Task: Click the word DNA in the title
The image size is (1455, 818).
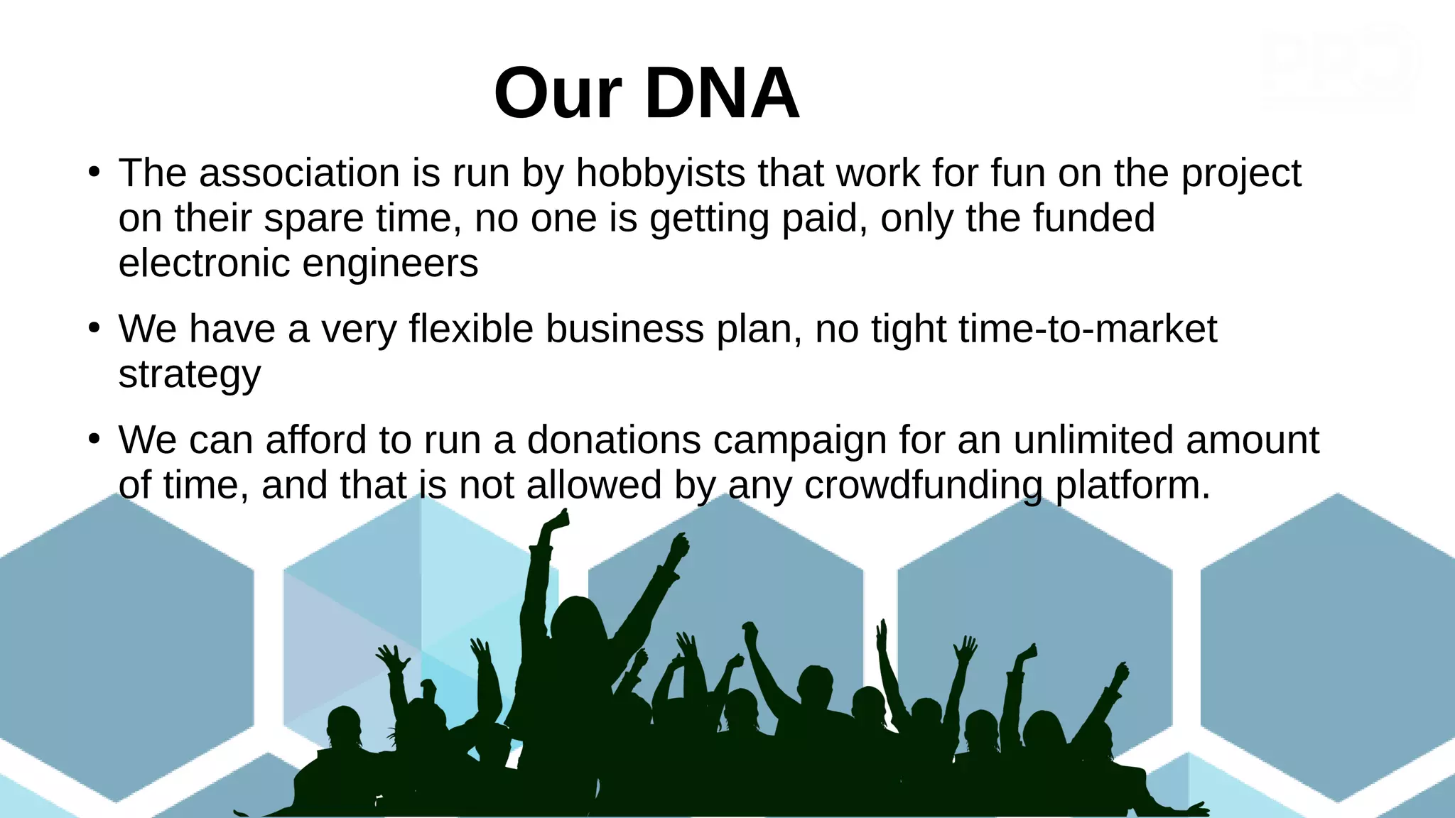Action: pos(722,94)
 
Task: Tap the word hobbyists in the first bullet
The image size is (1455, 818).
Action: pos(660,173)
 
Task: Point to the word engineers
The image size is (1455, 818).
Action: pos(390,263)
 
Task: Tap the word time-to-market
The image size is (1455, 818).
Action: pos(1087,329)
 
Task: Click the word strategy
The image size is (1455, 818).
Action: pos(189,375)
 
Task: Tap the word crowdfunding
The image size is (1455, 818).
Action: pos(923,486)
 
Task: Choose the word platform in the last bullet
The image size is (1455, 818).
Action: pos(1132,486)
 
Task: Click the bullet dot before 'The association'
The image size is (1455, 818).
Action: pos(94,173)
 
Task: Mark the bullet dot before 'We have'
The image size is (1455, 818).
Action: pos(94,329)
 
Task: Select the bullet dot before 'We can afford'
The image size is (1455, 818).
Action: pos(94,440)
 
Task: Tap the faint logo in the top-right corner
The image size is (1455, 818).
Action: pos(1340,70)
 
